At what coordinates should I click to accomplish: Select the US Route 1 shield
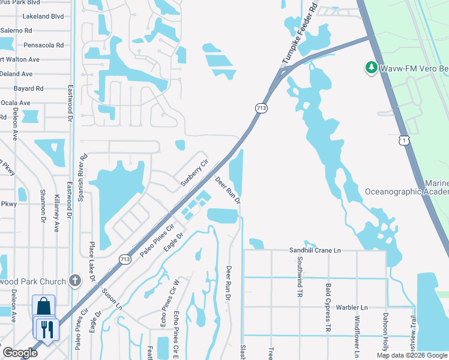coord(406,140)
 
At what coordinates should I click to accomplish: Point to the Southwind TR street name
coord(300,277)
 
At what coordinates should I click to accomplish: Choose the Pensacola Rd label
coord(43,45)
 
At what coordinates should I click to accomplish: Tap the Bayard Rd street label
coord(28,88)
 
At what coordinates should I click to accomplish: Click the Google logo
coord(20,353)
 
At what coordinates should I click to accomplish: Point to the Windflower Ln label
coord(357,332)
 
